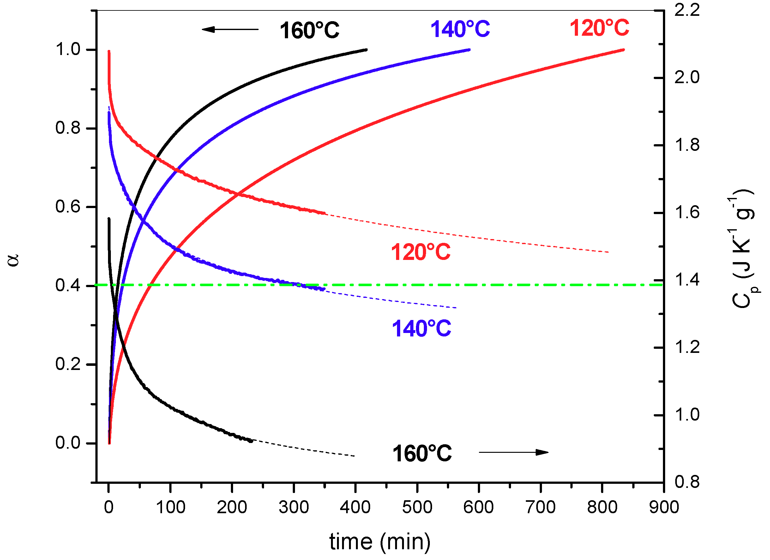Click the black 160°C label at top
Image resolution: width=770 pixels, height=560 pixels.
click(x=309, y=31)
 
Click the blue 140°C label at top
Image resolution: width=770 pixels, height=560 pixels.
click(x=460, y=29)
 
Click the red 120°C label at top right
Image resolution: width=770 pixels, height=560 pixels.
click(x=599, y=28)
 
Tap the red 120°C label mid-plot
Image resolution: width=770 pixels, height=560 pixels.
click(x=420, y=252)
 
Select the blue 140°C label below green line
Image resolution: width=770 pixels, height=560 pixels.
click(x=421, y=329)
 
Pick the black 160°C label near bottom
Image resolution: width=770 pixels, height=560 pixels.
click(x=422, y=454)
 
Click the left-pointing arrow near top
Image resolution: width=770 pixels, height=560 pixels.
click(x=230, y=29)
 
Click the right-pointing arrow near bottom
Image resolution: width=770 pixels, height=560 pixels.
click(x=513, y=452)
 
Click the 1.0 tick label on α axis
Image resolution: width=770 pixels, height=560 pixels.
click(x=68, y=50)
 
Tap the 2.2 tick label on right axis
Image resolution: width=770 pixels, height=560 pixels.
click(x=687, y=10)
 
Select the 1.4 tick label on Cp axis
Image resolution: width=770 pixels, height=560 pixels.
click(x=687, y=280)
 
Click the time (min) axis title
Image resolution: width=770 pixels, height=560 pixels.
click(x=380, y=542)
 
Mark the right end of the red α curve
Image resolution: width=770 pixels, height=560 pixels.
click(x=624, y=50)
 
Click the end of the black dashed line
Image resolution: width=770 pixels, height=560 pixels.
click(x=354, y=456)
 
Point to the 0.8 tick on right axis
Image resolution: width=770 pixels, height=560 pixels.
click(x=687, y=482)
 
